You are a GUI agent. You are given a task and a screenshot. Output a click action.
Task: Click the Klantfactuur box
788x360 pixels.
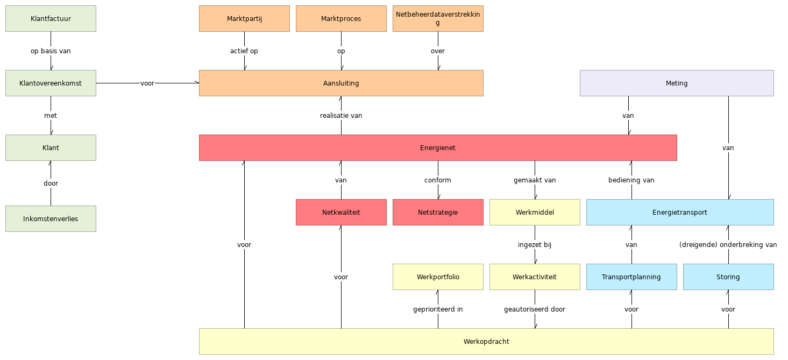[51, 19]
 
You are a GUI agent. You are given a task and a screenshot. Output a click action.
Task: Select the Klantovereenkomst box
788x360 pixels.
[51, 83]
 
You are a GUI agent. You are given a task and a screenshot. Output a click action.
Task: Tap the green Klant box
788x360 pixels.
[51, 148]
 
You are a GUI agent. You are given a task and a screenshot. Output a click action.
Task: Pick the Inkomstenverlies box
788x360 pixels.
[51, 219]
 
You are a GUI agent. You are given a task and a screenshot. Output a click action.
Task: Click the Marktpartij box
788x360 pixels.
[244, 19]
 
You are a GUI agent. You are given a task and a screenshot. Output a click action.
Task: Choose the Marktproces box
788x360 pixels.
[341, 19]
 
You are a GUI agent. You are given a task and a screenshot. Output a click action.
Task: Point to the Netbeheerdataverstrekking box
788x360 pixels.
[438, 19]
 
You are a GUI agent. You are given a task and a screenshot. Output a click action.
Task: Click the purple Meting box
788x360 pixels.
[677, 83]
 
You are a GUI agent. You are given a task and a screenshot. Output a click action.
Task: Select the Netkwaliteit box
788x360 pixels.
[341, 213]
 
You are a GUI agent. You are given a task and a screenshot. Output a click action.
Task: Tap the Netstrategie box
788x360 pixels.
[438, 213]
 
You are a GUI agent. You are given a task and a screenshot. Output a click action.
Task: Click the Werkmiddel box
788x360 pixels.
[535, 213]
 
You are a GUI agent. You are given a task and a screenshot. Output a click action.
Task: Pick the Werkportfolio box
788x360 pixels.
[438, 277]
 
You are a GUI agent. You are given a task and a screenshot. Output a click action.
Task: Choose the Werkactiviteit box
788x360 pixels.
[535, 277]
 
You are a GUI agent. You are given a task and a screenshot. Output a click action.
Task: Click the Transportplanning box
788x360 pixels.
[631, 277]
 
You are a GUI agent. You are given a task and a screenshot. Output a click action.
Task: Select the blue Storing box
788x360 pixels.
[728, 277]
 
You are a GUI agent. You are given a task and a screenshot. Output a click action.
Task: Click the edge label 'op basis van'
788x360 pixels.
[51, 51]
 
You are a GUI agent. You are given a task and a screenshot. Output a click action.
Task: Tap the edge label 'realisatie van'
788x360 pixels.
[341, 116]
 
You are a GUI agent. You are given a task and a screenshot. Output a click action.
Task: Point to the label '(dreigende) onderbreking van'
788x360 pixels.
[728, 245]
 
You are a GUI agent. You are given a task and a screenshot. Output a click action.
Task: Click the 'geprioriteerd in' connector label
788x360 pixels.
[438, 309]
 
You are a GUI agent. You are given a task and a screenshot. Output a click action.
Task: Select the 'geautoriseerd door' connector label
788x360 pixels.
[535, 309]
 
